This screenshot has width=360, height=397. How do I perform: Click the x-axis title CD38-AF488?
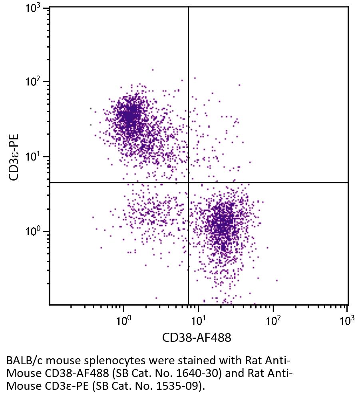[x=197, y=338]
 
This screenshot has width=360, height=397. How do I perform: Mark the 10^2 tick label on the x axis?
[x=273, y=320]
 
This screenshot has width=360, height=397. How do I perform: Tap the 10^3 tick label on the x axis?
[x=346, y=320]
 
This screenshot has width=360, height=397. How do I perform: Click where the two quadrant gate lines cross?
[x=188, y=183]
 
